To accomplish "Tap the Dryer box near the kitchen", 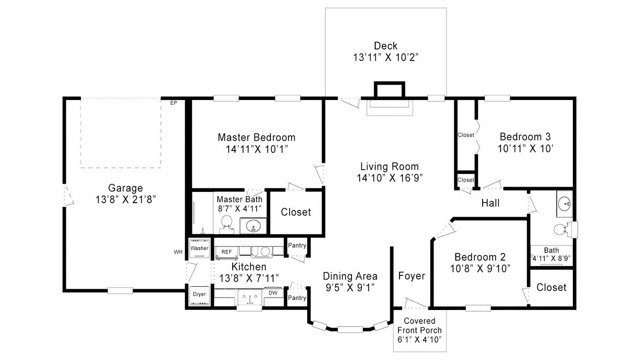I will pyautogui.click(x=199, y=294).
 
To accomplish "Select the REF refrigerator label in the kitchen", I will pyautogui.click(x=227, y=252).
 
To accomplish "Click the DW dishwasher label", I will pyautogui.click(x=273, y=293).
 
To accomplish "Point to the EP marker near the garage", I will pyautogui.click(x=173, y=103).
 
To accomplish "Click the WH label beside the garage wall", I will pyautogui.click(x=178, y=252).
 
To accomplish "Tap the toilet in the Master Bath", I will pyautogui.click(x=226, y=223).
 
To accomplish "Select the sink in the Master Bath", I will pyautogui.click(x=253, y=226).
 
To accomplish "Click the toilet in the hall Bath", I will pyautogui.click(x=561, y=229).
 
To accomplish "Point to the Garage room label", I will pyautogui.click(x=125, y=188).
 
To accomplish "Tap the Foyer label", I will pyautogui.click(x=411, y=276).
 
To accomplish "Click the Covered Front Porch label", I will pyautogui.click(x=419, y=330).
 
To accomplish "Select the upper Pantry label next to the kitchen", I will pyautogui.click(x=297, y=246).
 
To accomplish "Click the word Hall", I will pyautogui.click(x=490, y=203).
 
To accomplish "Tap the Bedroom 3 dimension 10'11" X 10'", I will pyautogui.click(x=524, y=149).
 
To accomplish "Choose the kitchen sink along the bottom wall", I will pyautogui.click(x=250, y=298).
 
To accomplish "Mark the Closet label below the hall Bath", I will pyautogui.click(x=551, y=287).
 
